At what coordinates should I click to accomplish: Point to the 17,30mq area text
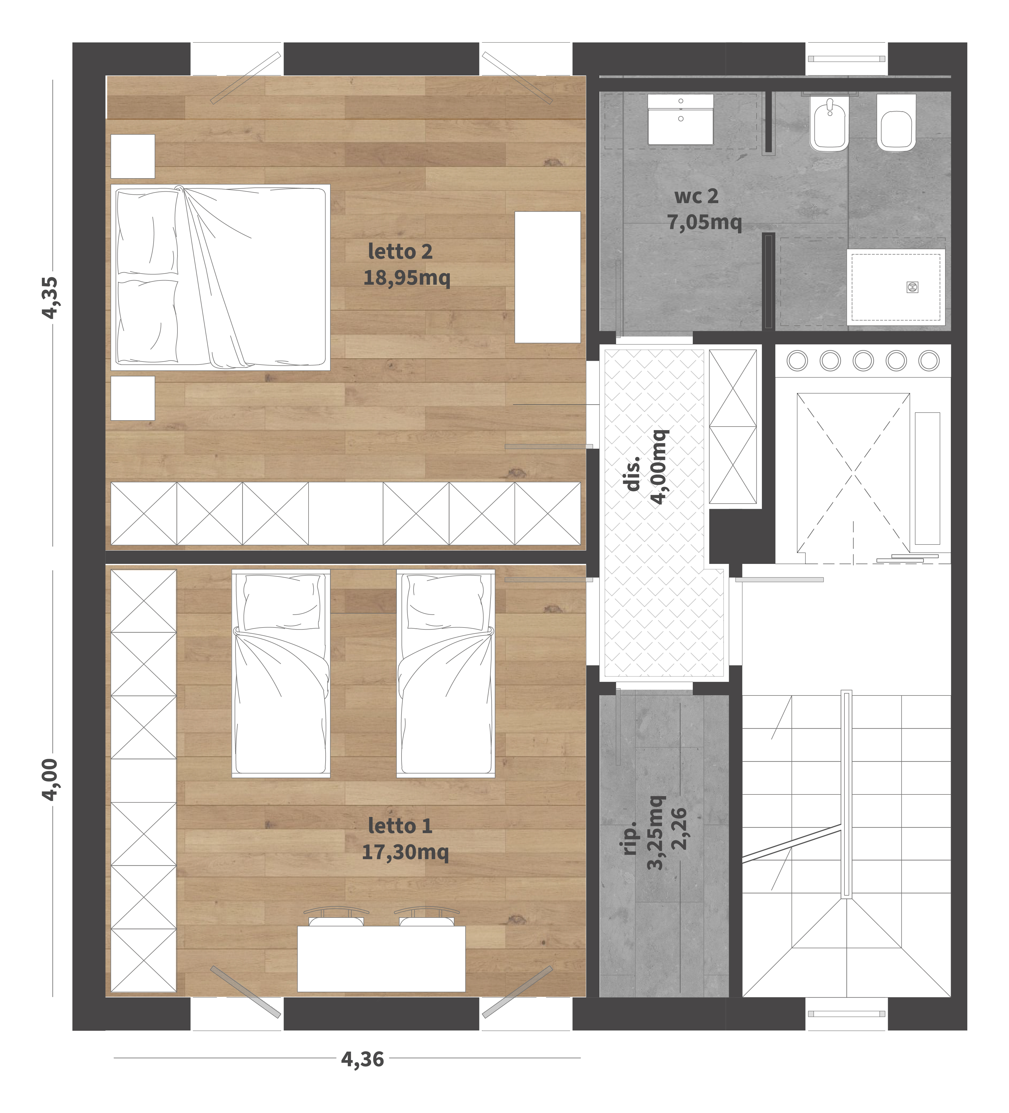click(405, 852)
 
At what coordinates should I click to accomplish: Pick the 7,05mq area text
click(704, 222)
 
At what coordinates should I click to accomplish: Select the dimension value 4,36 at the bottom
click(362, 1059)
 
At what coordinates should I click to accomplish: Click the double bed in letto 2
click(220, 277)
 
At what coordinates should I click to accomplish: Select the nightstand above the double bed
click(132, 156)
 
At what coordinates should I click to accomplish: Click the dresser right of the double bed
click(547, 277)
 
